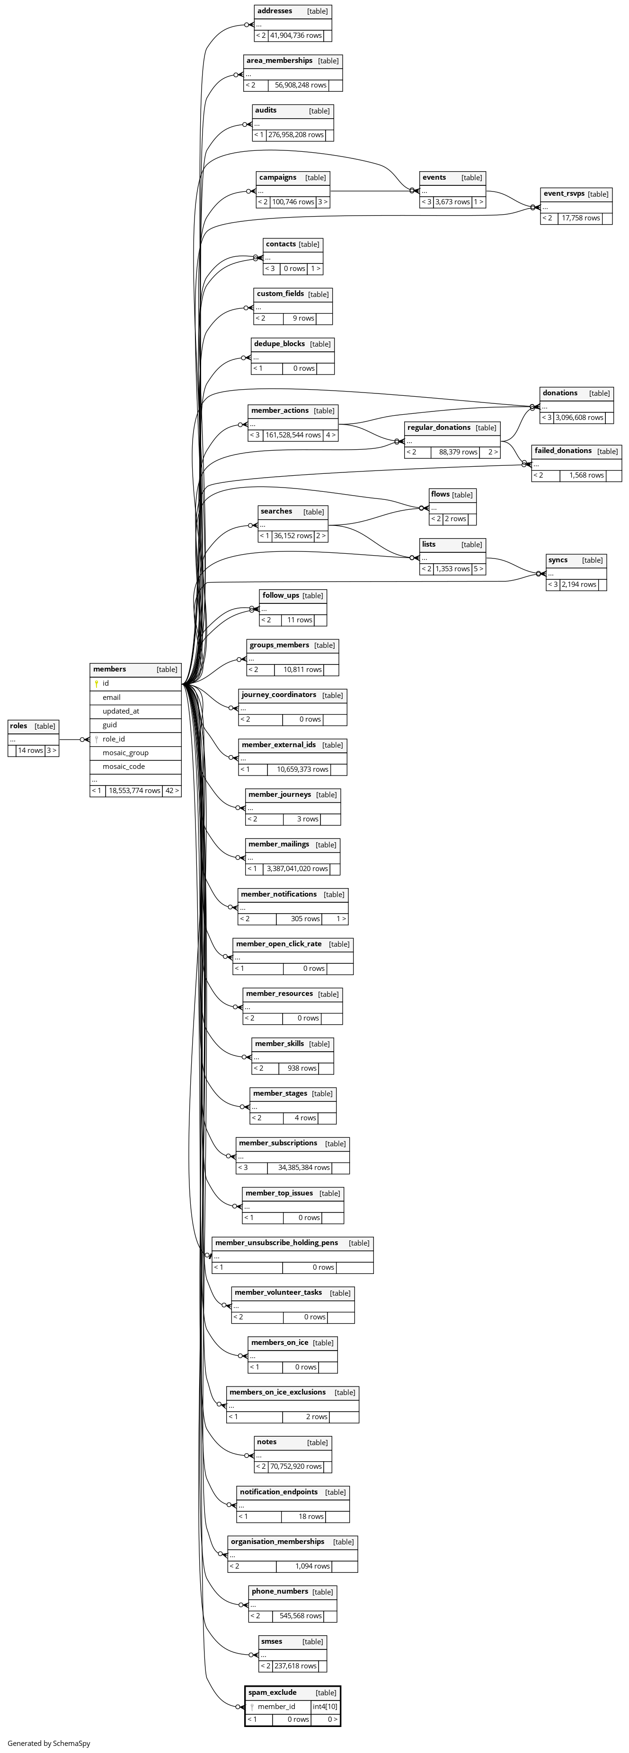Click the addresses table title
pos(275,11)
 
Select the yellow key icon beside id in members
pos(97,683)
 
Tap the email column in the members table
pos(112,698)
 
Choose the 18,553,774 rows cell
pos(134,791)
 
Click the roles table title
pos(19,726)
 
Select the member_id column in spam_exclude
pos(276,1707)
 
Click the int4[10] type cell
pos(325,1707)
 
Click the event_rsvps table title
pos(564,194)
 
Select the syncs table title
pos(558,560)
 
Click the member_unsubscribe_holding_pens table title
pos(276,1243)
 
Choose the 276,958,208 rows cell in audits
pos(295,135)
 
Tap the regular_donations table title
pos(439,428)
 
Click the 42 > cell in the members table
pos(171,791)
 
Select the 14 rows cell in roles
pos(30,750)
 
